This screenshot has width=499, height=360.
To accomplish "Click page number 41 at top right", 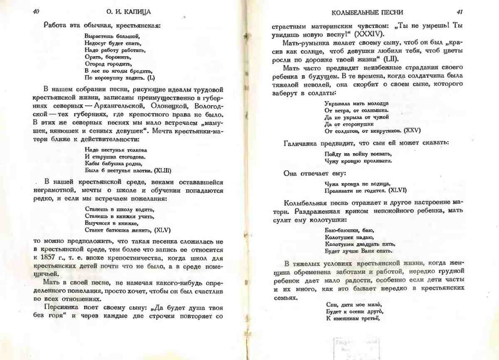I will (459, 12).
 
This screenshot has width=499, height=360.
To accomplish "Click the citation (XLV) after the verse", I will (163, 229).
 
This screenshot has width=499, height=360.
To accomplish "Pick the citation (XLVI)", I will (398, 190).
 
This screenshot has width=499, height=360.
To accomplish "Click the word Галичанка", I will (302, 143).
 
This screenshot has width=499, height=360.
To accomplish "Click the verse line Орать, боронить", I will (102, 57).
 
